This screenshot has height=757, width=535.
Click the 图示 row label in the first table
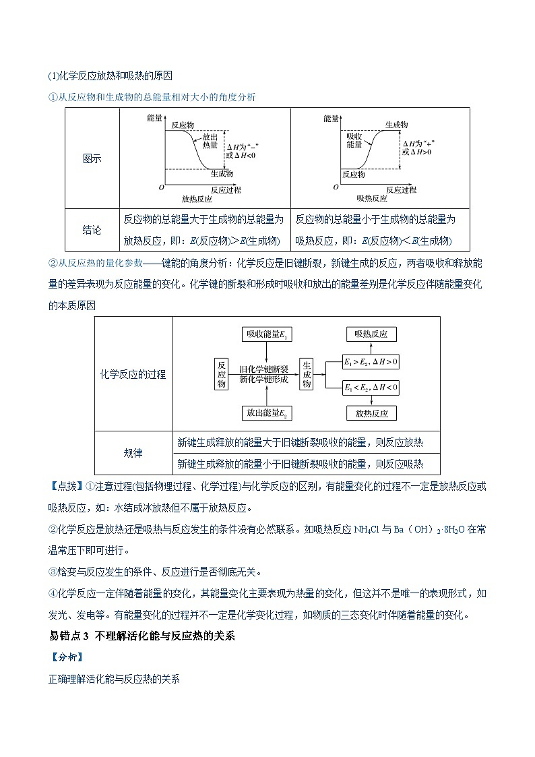point(92,159)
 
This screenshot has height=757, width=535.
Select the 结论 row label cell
point(92,230)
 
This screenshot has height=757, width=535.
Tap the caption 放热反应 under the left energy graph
point(197,199)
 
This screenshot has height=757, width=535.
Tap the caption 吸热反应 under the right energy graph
point(371,199)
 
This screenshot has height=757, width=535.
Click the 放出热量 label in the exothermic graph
point(210,140)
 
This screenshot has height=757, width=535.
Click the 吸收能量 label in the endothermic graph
point(354,140)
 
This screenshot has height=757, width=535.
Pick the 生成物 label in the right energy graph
point(396,125)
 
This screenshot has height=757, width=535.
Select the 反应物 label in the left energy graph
point(183,125)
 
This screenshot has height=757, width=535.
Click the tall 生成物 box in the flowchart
point(307,373)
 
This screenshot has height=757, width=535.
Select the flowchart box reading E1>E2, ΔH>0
point(371,362)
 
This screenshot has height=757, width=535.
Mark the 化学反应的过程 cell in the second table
point(133,374)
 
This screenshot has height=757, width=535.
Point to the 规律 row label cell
point(133,453)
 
